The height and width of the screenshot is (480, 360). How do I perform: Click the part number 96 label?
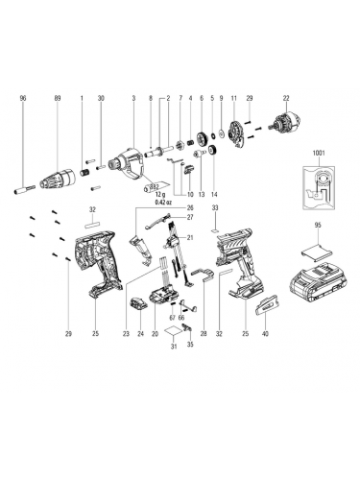point(23,98)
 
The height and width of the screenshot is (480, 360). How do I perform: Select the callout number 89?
point(58,98)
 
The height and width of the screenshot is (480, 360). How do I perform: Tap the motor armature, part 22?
point(286,125)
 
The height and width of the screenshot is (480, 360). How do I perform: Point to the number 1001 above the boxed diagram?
point(319,154)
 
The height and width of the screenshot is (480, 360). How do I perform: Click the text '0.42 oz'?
point(163,203)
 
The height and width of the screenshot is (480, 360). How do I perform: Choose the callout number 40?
point(265,334)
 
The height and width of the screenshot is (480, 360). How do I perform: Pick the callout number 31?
point(174,346)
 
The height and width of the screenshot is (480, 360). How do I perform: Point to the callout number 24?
point(141,334)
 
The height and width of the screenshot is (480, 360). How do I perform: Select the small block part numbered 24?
point(138,303)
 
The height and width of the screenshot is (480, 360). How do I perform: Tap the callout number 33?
point(215,207)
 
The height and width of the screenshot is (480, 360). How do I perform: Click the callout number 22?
point(286,98)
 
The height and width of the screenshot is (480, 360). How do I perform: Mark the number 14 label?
point(214,194)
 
